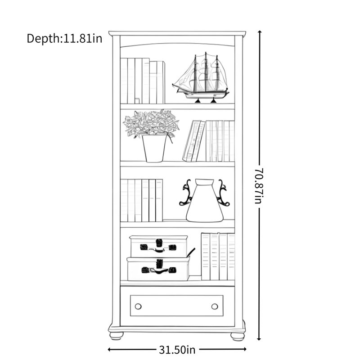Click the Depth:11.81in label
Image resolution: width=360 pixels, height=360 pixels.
64,38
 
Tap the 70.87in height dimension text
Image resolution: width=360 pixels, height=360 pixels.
259,186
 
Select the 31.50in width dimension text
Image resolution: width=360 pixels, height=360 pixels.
177,350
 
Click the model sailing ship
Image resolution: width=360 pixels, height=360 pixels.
201,77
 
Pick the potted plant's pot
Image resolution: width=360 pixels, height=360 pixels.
154,148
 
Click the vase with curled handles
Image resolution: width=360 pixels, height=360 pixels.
204,200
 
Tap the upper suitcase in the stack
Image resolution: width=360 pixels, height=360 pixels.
159,246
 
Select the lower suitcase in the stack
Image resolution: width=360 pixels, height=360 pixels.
158,269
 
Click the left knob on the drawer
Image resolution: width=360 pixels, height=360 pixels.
138,306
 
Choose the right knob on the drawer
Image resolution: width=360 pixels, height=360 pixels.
215,306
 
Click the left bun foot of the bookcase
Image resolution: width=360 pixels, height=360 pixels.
117,336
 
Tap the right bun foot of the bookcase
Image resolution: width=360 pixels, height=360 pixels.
238,336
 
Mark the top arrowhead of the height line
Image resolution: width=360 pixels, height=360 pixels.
260,32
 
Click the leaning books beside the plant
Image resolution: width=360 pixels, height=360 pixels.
194,141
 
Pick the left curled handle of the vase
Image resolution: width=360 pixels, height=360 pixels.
186,193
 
